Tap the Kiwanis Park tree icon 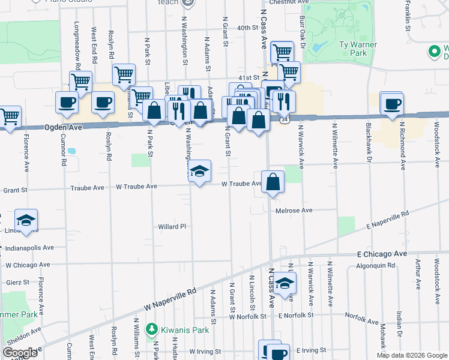tap(152, 329)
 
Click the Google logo tap(20, 353)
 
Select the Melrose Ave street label tap(294, 211)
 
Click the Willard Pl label tap(173, 227)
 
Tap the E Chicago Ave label tap(382, 254)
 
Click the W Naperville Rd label tap(170, 299)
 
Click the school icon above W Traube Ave tap(199, 172)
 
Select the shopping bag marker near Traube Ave tap(273, 182)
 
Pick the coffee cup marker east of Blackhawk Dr tap(392, 103)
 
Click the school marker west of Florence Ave tap(26, 221)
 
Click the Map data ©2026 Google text tap(412, 355)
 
